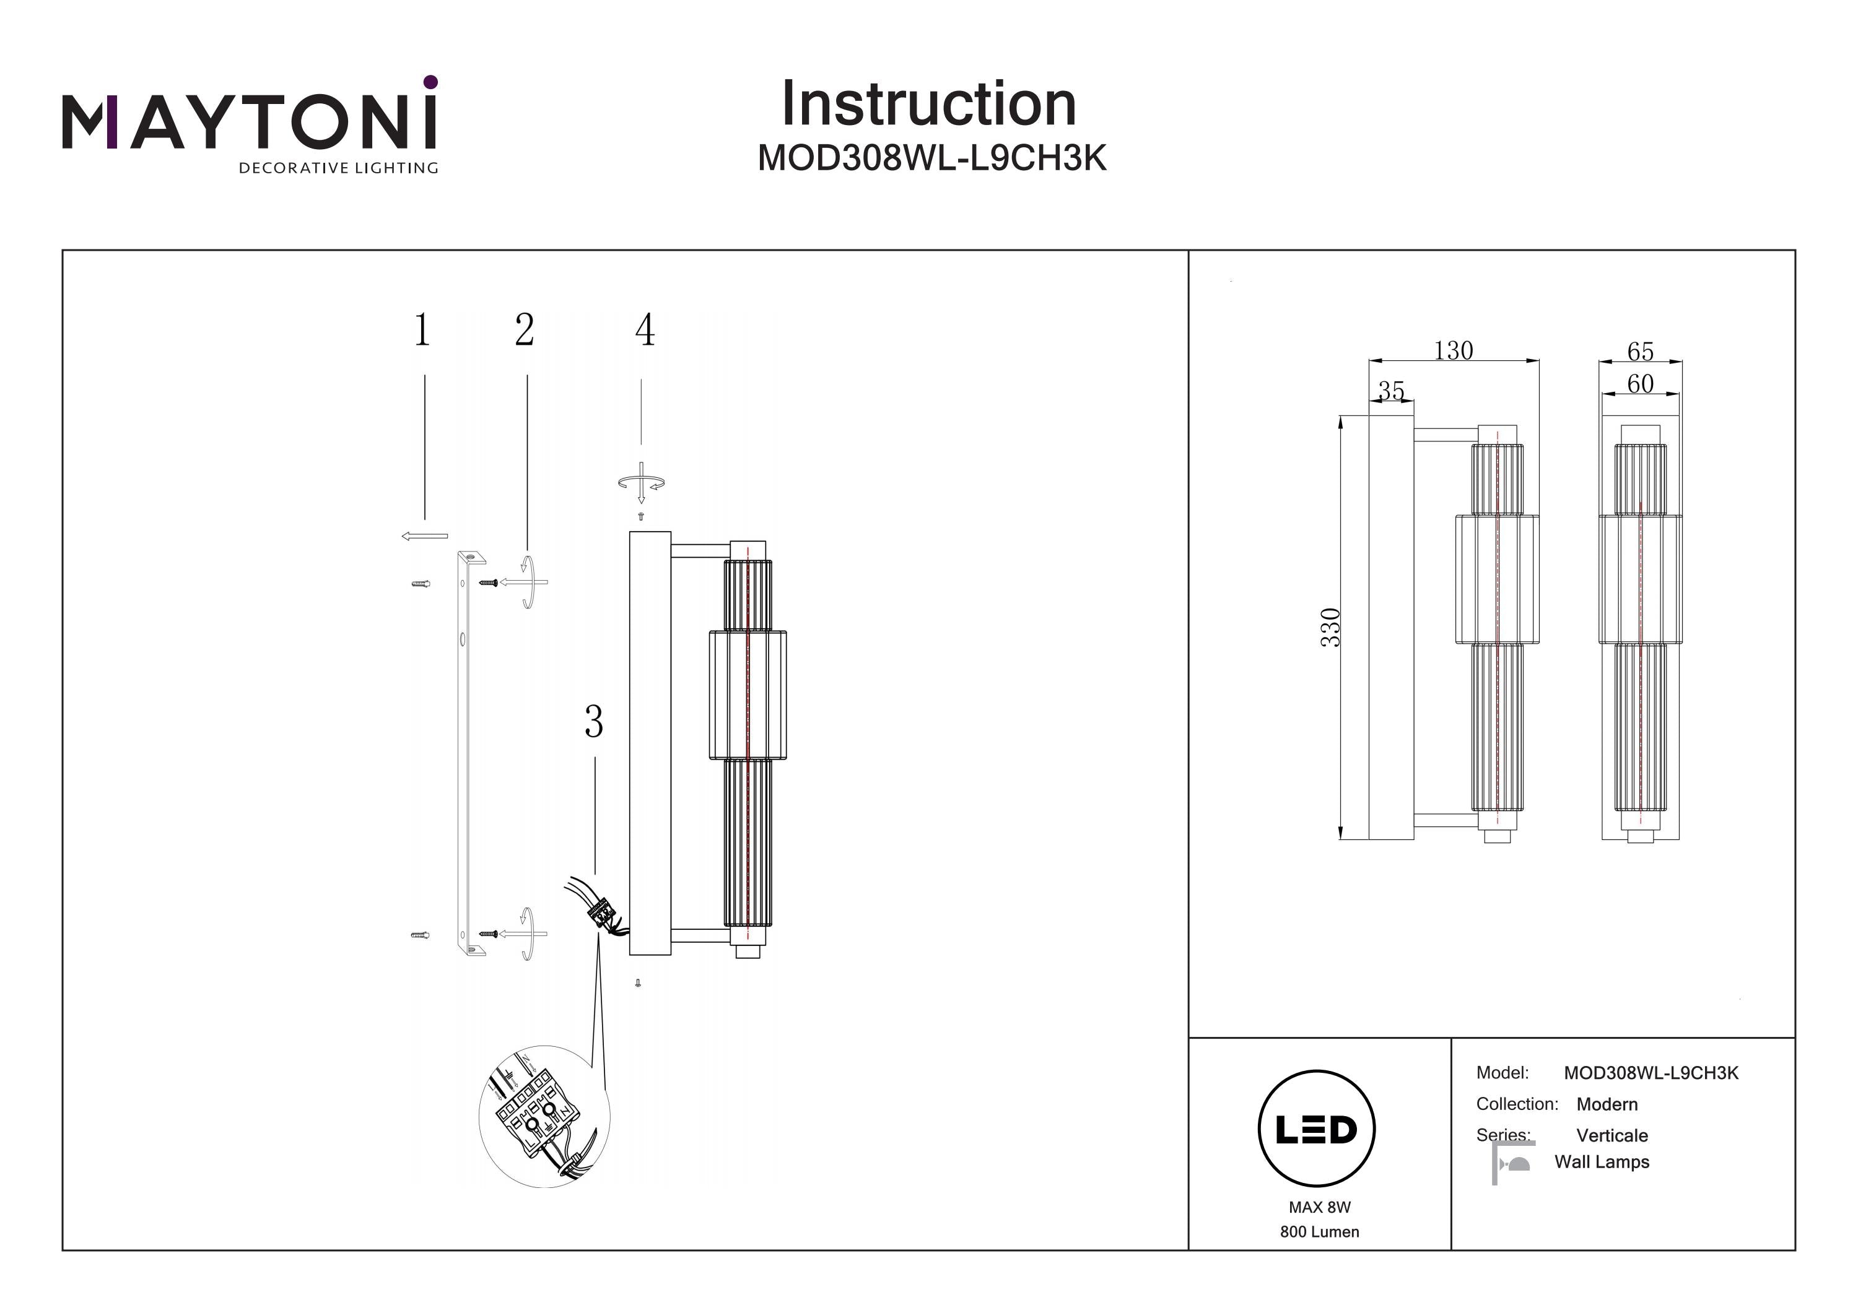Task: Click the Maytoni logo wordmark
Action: (x=249, y=121)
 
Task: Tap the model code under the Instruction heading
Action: (x=931, y=158)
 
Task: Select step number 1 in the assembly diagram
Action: (x=422, y=330)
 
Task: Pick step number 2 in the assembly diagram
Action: (x=525, y=330)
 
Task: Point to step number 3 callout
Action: (x=594, y=722)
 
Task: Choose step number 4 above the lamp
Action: (x=644, y=330)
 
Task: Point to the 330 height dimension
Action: (x=1330, y=627)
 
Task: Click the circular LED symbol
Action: (x=1317, y=1129)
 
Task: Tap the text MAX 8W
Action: (x=1319, y=1207)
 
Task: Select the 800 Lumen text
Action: (x=1319, y=1232)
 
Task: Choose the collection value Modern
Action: (x=1607, y=1104)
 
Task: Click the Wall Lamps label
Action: (x=1602, y=1162)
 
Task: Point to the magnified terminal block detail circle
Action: (x=544, y=1116)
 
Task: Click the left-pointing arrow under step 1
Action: (x=425, y=535)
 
